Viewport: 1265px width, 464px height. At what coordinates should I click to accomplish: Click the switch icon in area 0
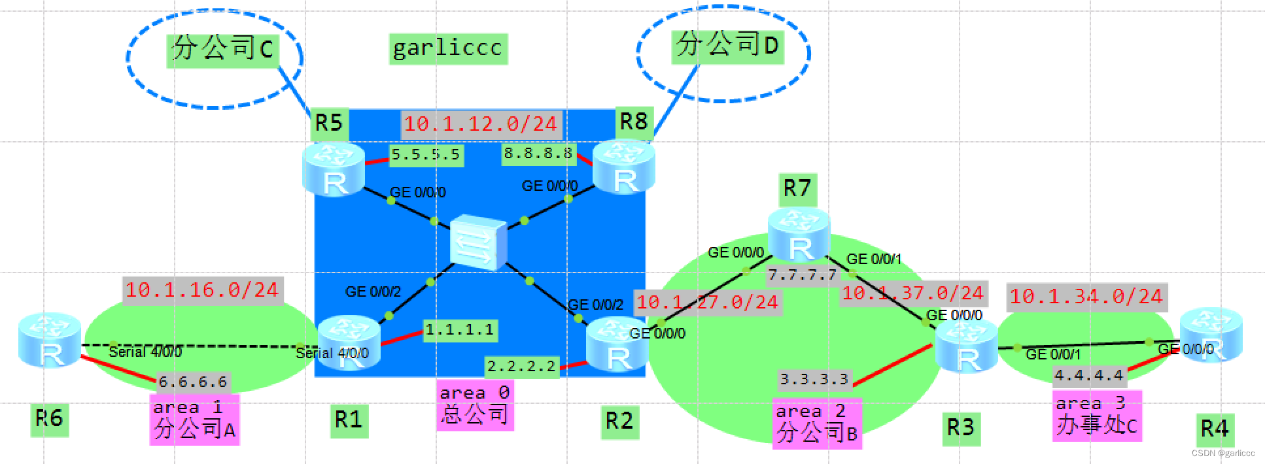click(x=478, y=242)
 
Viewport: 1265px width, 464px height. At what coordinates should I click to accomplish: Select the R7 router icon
click(x=799, y=239)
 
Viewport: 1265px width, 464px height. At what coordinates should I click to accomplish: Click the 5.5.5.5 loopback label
click(x=426, y=154)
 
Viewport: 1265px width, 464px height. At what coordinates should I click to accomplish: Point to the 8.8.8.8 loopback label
click(x=538, y=154)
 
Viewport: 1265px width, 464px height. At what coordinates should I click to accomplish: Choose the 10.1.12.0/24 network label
click(x=480, y=124)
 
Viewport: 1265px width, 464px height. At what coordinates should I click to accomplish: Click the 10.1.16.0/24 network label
click(x=201, y=290)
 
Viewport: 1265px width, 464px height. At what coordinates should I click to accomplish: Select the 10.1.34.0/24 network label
click(x=1086, y=297)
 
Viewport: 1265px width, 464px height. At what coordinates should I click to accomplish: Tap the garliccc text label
click(x=447, y=48)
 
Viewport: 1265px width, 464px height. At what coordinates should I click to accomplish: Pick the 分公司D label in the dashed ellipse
click(x=727, y=45)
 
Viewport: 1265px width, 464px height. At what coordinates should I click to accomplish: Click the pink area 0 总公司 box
click(x=474, y=405)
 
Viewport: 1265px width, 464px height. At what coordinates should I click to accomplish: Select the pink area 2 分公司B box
click(x=816, y=423)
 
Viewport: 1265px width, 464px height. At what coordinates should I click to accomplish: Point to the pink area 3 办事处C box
click(x=1096, y=416)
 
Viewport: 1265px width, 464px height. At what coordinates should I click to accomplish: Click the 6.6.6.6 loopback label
click(x=193, y=382)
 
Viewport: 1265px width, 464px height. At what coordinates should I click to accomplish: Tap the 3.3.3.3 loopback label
click(x=814, y=379)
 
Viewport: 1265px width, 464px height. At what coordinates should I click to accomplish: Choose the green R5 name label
click(x=328, y=123)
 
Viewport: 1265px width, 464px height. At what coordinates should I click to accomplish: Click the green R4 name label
click(x=1214, y=429)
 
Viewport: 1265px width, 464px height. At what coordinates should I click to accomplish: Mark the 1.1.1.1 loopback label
click(x=459, y=330)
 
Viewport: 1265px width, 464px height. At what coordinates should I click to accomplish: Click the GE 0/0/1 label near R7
click(x=873, y=259)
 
